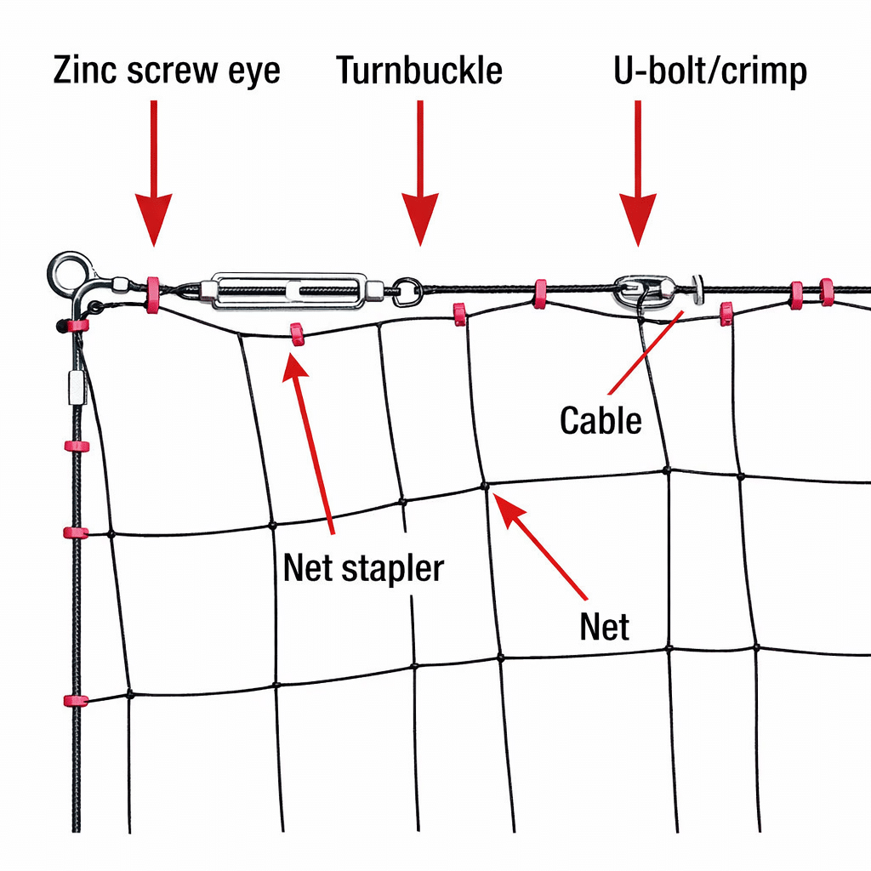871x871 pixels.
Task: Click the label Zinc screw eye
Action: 167,71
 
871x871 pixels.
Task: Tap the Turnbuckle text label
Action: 419,71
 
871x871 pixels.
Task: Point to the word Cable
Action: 601,420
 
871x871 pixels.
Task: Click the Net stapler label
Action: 363,567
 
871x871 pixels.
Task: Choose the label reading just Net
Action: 604,627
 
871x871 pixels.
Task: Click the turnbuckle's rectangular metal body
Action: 289,291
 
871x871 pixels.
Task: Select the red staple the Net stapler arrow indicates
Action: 298,333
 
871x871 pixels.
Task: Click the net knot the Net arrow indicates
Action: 485,486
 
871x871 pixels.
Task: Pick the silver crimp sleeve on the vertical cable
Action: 75,387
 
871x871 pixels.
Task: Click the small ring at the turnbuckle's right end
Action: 407,292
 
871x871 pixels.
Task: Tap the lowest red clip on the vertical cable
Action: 75,701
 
